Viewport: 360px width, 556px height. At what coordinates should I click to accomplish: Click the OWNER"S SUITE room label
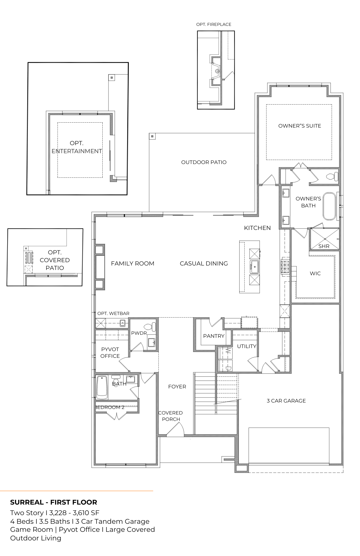tap(300, 126)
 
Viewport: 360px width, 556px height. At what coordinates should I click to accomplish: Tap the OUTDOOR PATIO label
tap(204, 162)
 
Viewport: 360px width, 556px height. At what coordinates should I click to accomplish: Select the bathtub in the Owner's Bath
tap(330, 206)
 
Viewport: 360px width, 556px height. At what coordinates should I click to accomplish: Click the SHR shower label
tap(324, 246)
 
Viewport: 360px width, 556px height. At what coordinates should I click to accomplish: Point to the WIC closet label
tap(315, 273)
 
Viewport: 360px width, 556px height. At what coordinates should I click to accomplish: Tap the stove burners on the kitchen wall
tap(285, 268)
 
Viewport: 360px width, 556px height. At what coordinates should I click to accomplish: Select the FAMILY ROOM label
tap(132, 263)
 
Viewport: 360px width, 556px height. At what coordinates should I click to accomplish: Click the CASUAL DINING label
tap(204, 263)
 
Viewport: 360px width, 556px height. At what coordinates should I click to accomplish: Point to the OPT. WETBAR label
tap(113, 313)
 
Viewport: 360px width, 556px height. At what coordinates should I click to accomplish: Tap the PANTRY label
tap(214, 336)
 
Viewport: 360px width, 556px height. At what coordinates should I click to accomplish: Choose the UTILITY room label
tap(246, 346)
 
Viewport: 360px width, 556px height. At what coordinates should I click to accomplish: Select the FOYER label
tap(177, 386)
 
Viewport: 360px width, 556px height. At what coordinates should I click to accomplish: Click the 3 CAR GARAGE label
tap(286, 401)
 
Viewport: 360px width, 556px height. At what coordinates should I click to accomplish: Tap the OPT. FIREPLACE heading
tap(214, 24)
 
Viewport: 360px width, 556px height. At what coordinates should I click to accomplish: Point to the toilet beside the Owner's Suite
tap(332, 177)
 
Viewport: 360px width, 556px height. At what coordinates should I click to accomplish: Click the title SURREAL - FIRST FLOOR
tap(54, 502)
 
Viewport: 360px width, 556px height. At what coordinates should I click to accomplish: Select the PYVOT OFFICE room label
tap(110, 353)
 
